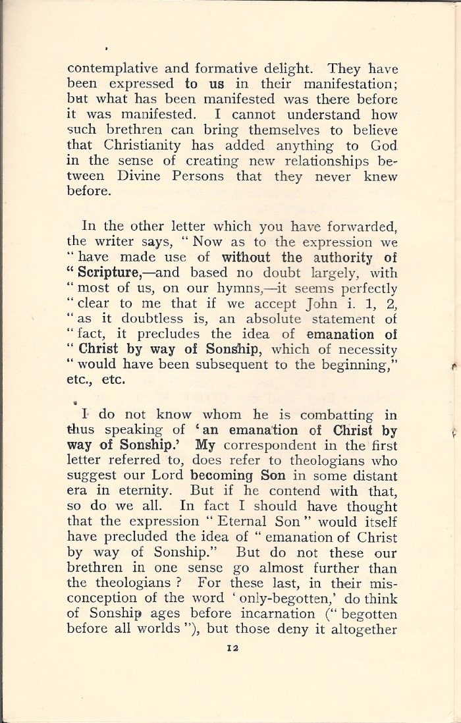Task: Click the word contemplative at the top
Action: (106, 68)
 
